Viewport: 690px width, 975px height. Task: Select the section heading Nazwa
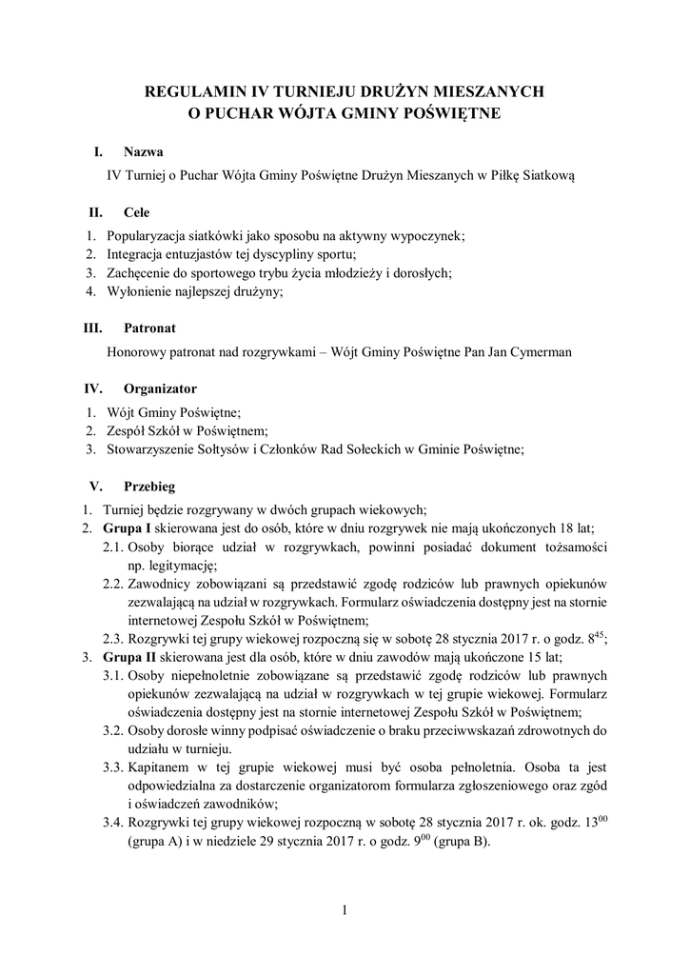point(143,152)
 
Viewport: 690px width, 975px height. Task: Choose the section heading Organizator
point(160,388)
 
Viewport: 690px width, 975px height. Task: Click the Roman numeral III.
point(94,328)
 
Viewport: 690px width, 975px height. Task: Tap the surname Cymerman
point(542,352)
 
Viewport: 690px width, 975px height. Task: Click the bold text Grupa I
point(128,527)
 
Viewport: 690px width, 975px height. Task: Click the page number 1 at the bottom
point(345,911)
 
